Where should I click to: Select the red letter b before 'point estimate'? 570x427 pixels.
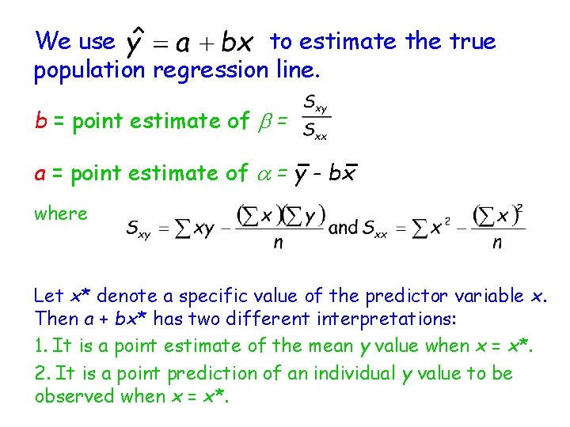(40, 121)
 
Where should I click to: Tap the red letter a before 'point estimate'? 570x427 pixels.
(40, 173)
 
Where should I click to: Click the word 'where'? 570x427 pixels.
(61, 213)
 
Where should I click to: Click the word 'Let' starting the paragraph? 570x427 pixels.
(48, 297)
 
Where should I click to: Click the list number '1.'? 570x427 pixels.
(40, 346)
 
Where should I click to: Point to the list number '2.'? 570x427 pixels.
(41, 372)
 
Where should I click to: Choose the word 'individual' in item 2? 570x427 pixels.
(349, 372)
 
